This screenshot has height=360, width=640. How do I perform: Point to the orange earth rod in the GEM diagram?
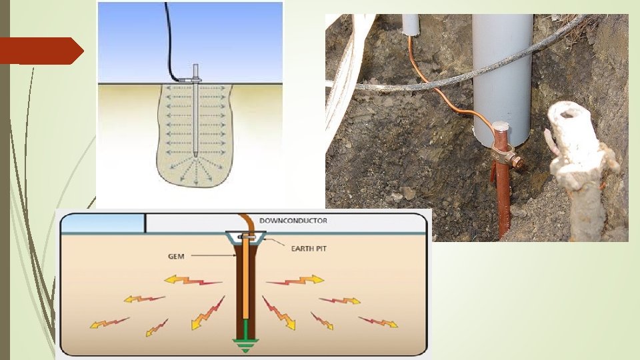(246, 280)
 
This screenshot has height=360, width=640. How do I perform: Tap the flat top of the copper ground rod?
(502, 126)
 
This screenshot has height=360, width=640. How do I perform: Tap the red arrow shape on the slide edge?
(40, 51)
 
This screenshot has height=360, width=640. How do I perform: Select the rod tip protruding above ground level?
(195, 71)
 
